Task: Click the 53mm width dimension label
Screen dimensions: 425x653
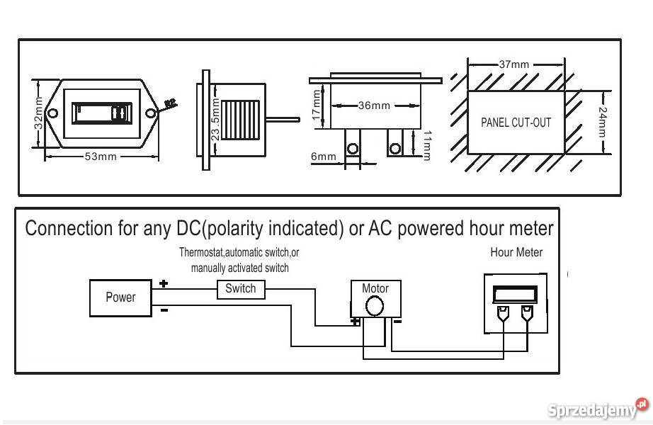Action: [x=101, y=157]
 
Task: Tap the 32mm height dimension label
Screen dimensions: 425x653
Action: [x=38, y=113]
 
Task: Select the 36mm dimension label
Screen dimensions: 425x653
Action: [x=374, y=106]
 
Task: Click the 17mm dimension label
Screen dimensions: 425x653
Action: [x=317, y=105]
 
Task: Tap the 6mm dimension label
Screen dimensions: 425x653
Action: [x=323, y=157]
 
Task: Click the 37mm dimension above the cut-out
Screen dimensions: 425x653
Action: [x=513, y=64]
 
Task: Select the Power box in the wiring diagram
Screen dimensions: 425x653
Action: [x=120, y=297]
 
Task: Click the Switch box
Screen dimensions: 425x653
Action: [x=241, y=289]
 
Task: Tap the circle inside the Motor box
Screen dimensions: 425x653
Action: [x=374, y=306]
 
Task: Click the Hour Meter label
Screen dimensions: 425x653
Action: [x=516, y=252]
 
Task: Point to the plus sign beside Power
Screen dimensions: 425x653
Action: [x=164, y=283]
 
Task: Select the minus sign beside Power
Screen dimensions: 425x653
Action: [x=164, y=310]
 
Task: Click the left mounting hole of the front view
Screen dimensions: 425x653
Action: [x=52, y=113]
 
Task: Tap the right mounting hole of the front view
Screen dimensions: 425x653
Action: [x=150, y=113]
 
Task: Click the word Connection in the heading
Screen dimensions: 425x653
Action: [x=69, y=229]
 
